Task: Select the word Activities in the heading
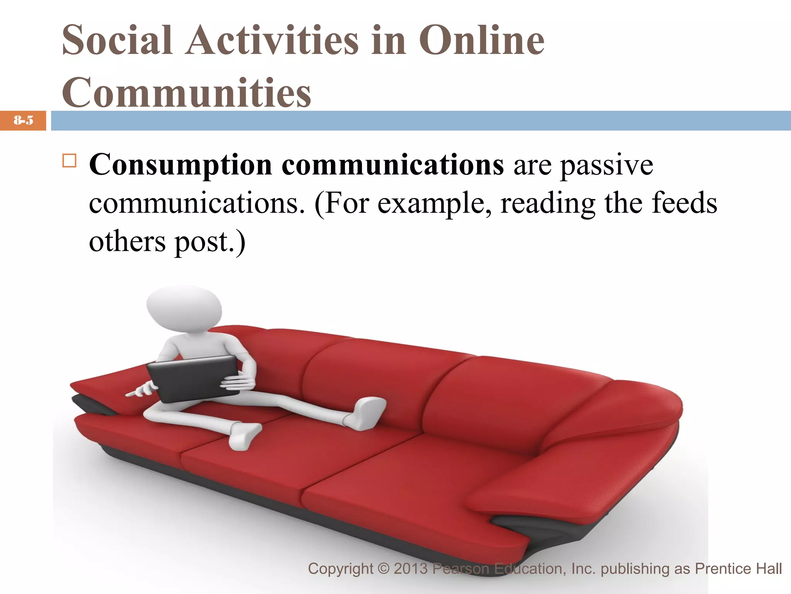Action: click(272, 40)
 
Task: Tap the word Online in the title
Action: click(482, 40)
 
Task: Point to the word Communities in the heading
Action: click(187, 93)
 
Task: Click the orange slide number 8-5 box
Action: click(23, 121)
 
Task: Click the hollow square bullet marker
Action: click(70, 160)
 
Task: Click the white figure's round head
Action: click(184, 308)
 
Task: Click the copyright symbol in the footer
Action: click(384, 569)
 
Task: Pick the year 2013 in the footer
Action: click(411, 569)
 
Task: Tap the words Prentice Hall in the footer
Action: click(738, 569)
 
